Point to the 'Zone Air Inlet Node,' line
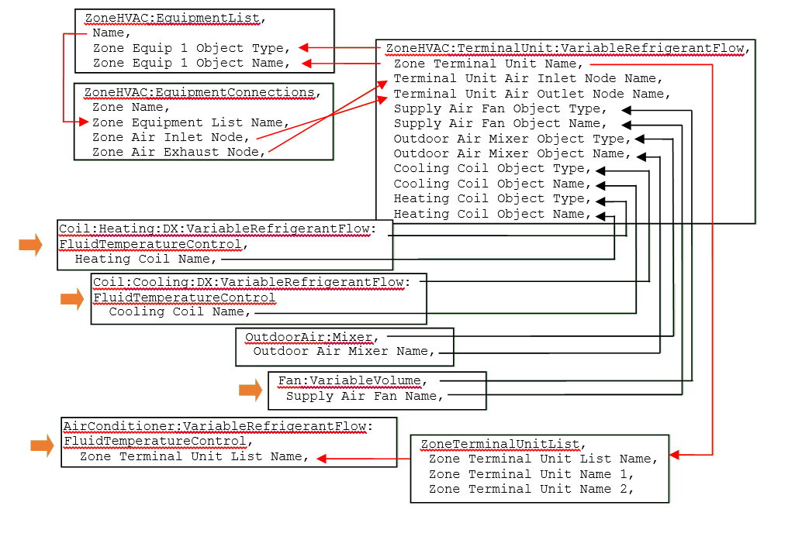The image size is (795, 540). coord(168,137)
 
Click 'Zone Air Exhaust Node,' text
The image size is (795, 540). coord(178,152)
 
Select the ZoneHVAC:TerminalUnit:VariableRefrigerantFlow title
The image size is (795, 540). coord(565,48)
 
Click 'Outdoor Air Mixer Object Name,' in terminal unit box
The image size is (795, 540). coord(512,153)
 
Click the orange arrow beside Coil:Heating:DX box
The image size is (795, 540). coord(31,245)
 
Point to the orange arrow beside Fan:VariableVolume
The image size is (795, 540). coord(251,390)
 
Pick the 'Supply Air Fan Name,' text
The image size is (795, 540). coord(365,396)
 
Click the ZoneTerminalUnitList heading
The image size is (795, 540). coord(500,444)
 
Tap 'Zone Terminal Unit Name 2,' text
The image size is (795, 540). coord(531,489)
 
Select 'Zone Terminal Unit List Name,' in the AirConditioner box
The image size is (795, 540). coord(194,456)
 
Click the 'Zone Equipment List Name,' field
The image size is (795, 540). coord(191,122)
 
